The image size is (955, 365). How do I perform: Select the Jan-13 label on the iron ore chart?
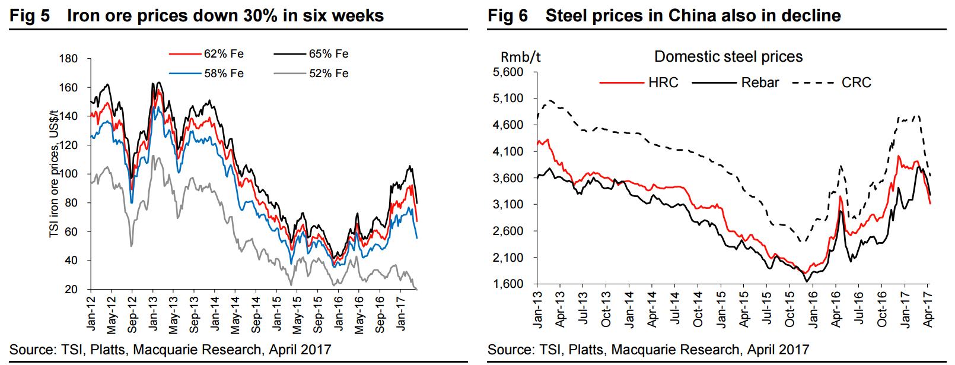pos(154,313)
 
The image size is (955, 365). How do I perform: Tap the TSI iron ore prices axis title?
pos(54,173)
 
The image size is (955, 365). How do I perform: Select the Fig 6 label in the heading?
pos(508,15)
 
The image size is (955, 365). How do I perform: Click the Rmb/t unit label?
pos(520,57)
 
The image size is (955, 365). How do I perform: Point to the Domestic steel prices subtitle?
pos(728,57)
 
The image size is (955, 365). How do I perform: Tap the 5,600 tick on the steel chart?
pos(508,72)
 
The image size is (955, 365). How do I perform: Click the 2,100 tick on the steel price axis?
pos(508,258)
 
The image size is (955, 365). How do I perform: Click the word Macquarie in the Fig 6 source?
pos(646,350)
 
